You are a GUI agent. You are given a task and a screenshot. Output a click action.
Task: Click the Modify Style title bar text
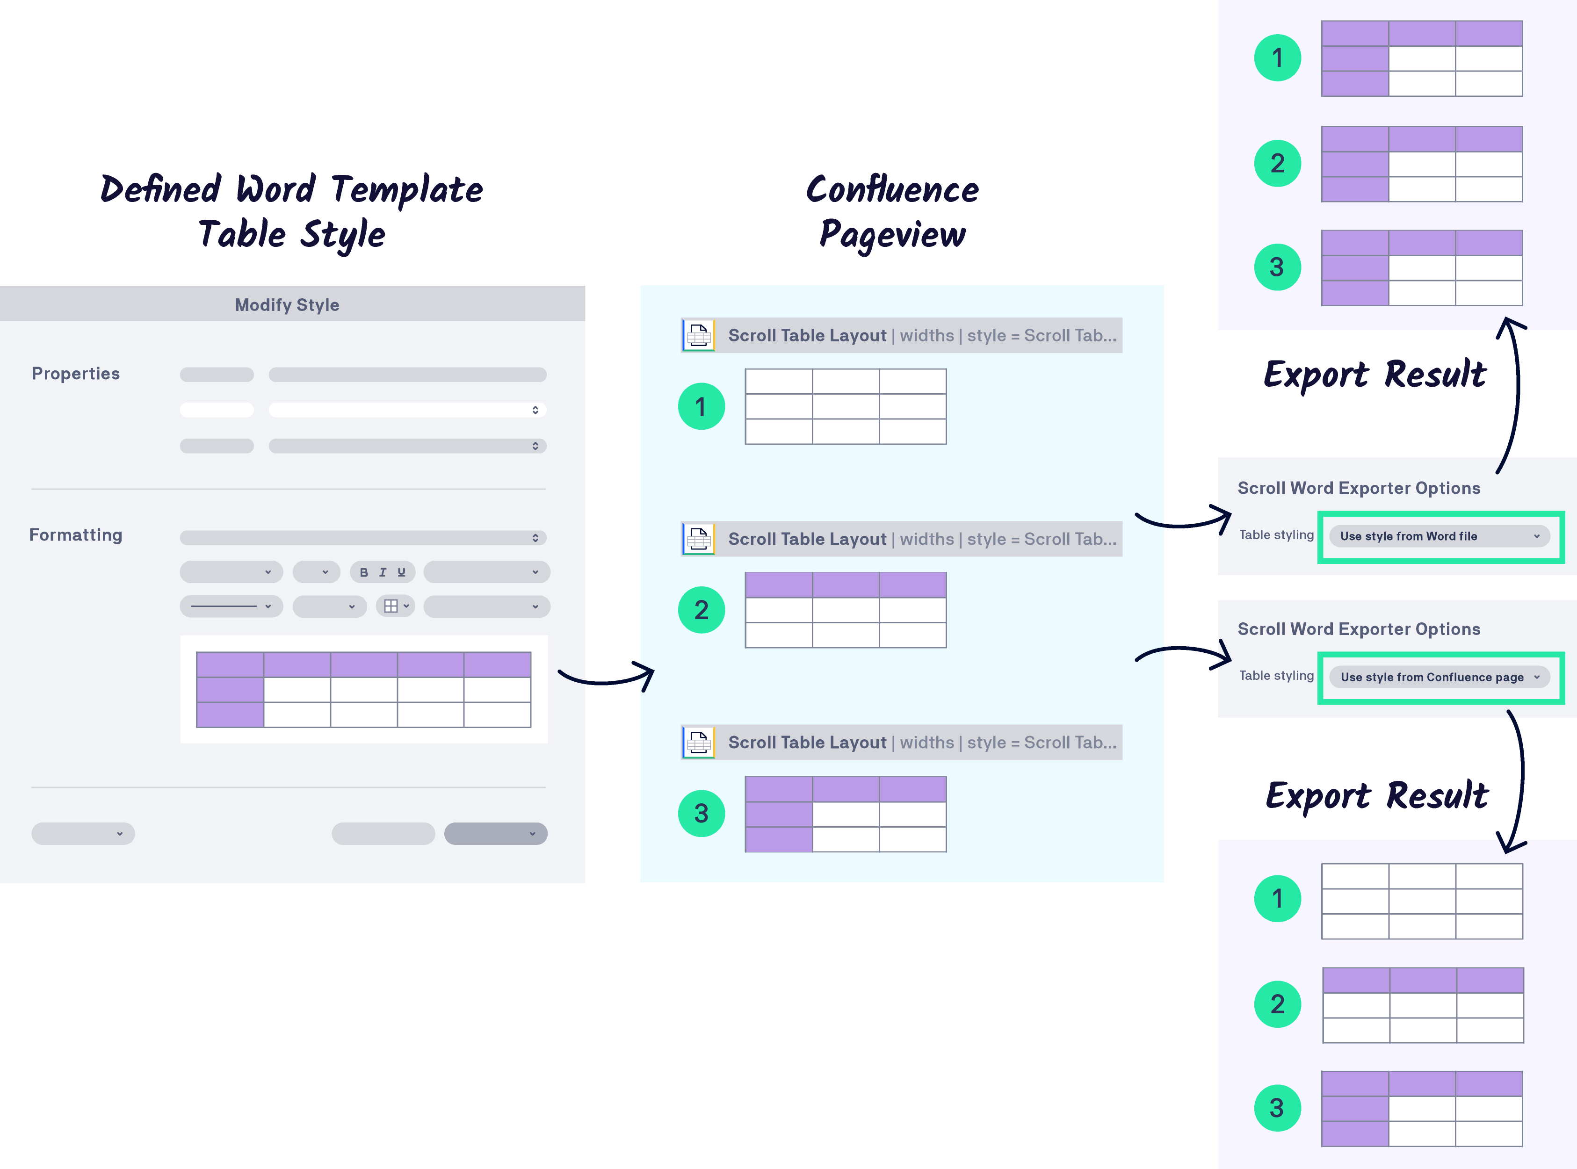(287, 305)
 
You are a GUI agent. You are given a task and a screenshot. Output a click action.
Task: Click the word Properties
(76, 374)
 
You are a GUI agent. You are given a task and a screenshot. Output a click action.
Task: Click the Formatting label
(76, 535)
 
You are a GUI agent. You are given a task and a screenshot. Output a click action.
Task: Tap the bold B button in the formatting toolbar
(364, 572)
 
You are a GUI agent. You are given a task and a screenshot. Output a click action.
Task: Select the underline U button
(401, 572)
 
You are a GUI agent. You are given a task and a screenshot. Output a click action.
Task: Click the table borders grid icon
(391, 606)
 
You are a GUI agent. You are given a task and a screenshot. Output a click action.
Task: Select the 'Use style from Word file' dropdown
(1439, 536)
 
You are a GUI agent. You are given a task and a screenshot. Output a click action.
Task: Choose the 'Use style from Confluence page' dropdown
(1439, 677)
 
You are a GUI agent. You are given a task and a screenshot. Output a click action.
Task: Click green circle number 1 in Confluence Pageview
(701, 406)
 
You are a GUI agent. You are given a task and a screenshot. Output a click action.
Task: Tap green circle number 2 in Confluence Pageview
(701, 609)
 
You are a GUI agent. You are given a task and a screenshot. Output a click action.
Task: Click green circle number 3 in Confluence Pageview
(701, 813)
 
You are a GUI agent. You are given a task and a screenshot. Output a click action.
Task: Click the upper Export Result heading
(1374, 375)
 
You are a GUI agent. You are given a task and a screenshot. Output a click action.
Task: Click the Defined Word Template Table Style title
(292, 211)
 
